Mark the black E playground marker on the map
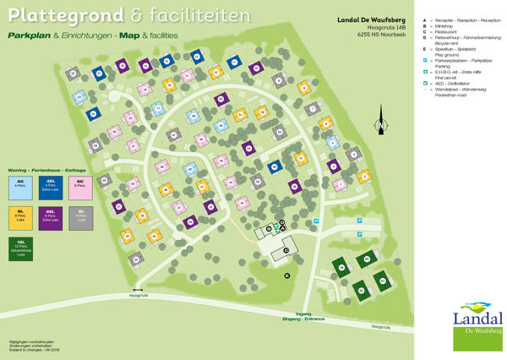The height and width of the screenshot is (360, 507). pyautogui.click(x=286, y=275)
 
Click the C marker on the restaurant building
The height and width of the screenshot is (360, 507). pyautogui.click(x=286, y=250)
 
